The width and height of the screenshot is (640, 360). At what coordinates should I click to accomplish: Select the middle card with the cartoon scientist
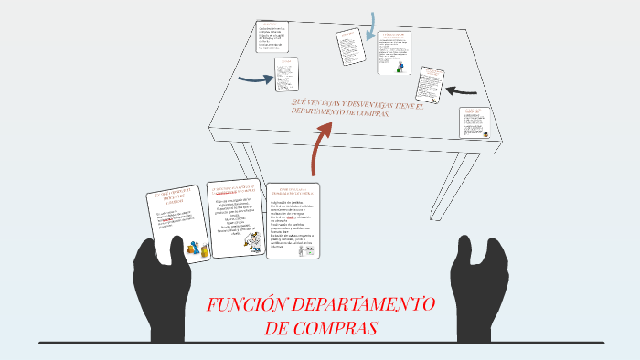[x=235, y=215]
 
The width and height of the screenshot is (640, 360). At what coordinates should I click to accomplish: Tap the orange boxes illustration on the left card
[x=192, y=248]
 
